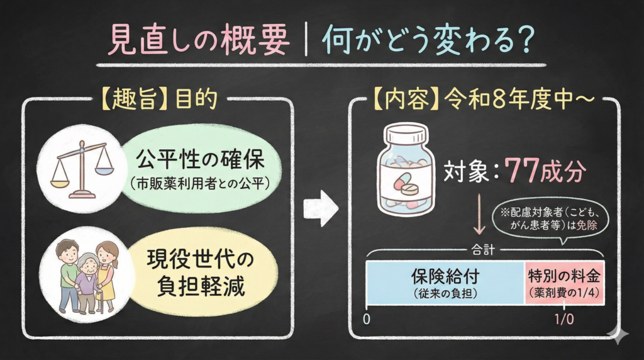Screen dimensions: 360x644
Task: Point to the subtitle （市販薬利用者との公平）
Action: coord(201,183)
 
